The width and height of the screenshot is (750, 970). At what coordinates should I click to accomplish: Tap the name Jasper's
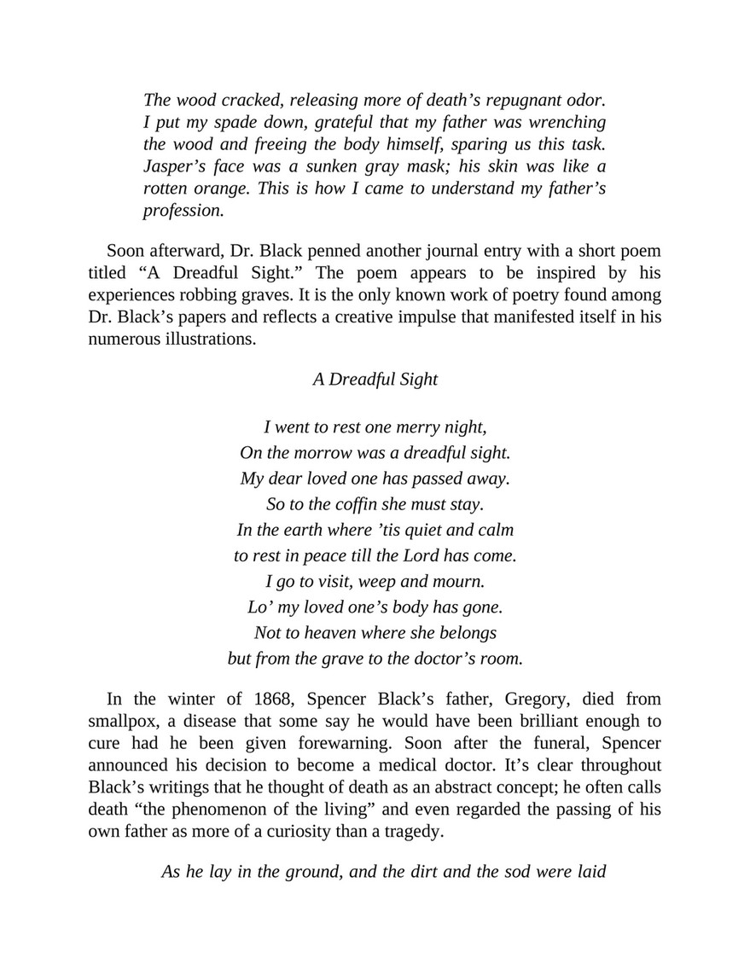click(177, 166)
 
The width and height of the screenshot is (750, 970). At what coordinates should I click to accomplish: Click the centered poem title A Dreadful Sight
click(375, 380)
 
